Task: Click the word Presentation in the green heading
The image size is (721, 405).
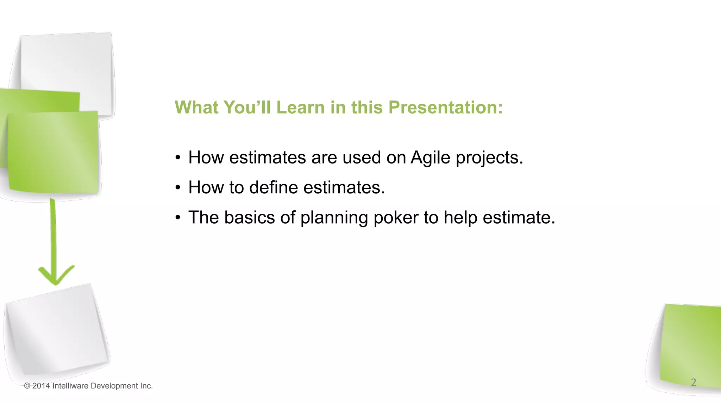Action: [445, 107]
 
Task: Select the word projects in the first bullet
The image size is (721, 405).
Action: [489, 158]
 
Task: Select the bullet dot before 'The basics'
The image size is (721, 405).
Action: [178, 218]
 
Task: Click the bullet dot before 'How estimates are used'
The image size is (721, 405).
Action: [178, 158]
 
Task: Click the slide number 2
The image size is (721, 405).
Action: [693, 382]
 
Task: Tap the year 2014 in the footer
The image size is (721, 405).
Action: [41, 386]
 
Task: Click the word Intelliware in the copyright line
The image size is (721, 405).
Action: [70, 386]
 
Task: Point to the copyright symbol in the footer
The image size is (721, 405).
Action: [27, 386]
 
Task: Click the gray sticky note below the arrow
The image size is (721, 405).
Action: [56, 330]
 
